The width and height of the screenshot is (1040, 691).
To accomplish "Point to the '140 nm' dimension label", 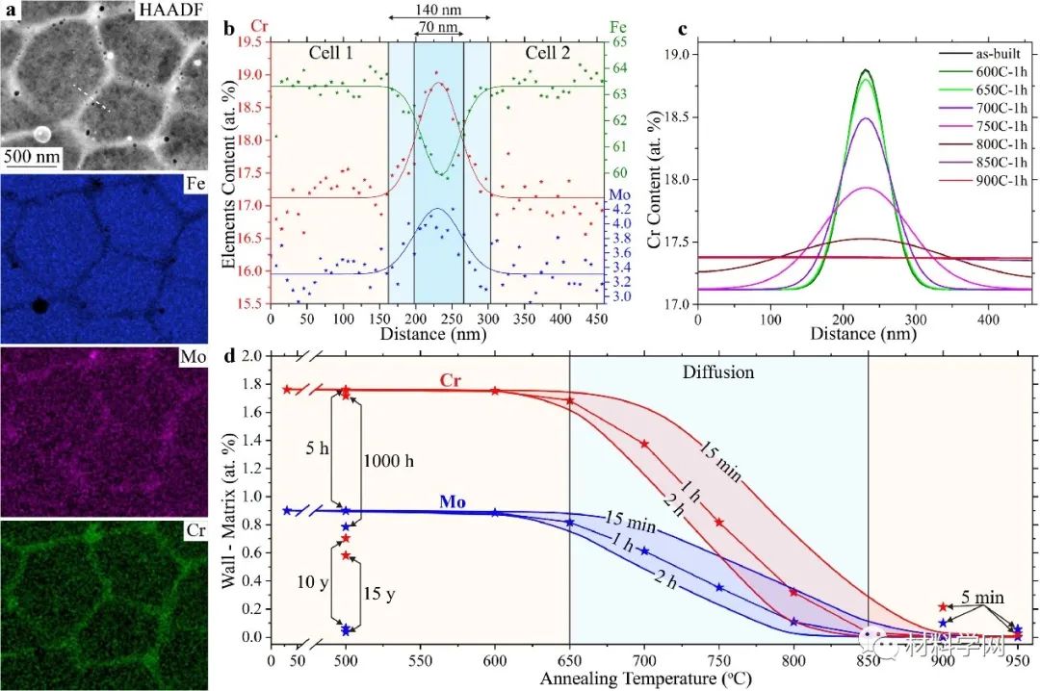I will [x=440, y=8].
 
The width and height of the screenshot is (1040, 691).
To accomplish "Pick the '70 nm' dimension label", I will [x=437, y=27].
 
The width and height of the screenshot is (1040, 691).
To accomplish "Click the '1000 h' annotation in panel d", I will [x=389, y=461].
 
